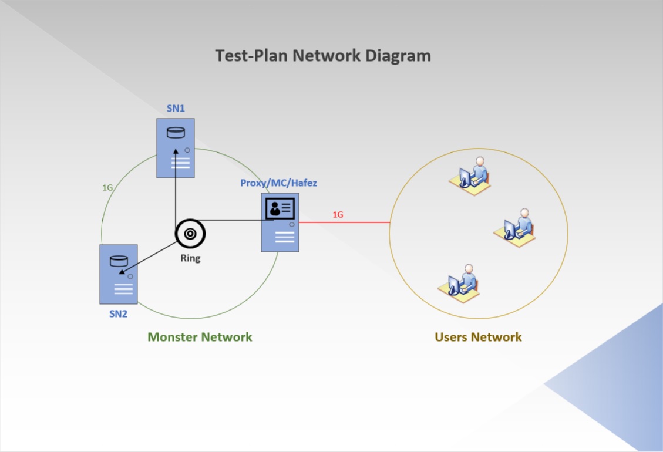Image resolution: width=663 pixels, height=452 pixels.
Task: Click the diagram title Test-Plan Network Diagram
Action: (x=323, y=56)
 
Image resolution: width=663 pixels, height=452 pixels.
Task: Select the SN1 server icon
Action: (x=175, y=148)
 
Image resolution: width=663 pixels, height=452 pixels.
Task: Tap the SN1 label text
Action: (x=176, y=109)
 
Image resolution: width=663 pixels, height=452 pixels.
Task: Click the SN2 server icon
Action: (x=119, y=274)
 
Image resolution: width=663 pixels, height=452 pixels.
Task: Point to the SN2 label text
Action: (x=118, y=314)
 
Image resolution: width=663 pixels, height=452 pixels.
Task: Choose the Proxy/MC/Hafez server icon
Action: (x=280, y=222)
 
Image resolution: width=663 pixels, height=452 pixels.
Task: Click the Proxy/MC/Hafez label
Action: (x=278, y=183)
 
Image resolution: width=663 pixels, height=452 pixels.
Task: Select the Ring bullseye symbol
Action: (x=190, y=234)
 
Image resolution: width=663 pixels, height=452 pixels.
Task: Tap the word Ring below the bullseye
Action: (x=190, y=258)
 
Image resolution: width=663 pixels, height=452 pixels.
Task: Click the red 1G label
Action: (x=338, y=215)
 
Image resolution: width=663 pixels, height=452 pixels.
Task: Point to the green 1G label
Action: (x=107, y=188)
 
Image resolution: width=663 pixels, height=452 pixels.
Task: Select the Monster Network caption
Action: (x=200, y=337)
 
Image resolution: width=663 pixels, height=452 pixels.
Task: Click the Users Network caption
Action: (x=478, y=337)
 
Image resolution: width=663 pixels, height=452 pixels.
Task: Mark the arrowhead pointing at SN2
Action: (x=122, y=271)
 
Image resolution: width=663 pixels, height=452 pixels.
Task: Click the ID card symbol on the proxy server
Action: (x=280, y=208)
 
